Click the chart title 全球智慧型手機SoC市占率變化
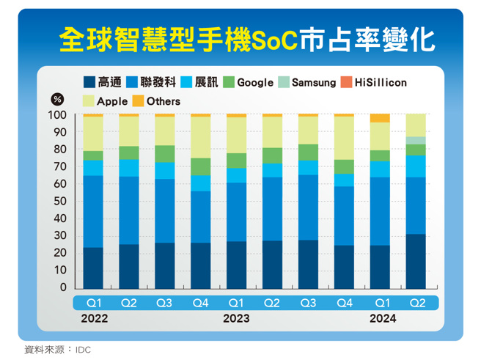coord(246,38)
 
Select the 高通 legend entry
coord(103,83)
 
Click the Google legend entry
coord(248,83)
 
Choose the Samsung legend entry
coord(307,83)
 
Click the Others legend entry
coord(156,101)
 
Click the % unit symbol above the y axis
coord(57,100)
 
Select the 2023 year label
coord(236,318)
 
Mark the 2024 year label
coord(382,318)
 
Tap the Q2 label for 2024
coord(416,302)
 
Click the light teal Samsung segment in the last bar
coord(416,140)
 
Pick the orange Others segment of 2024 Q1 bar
coord(380,118)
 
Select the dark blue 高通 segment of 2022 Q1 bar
coord(93,268)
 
